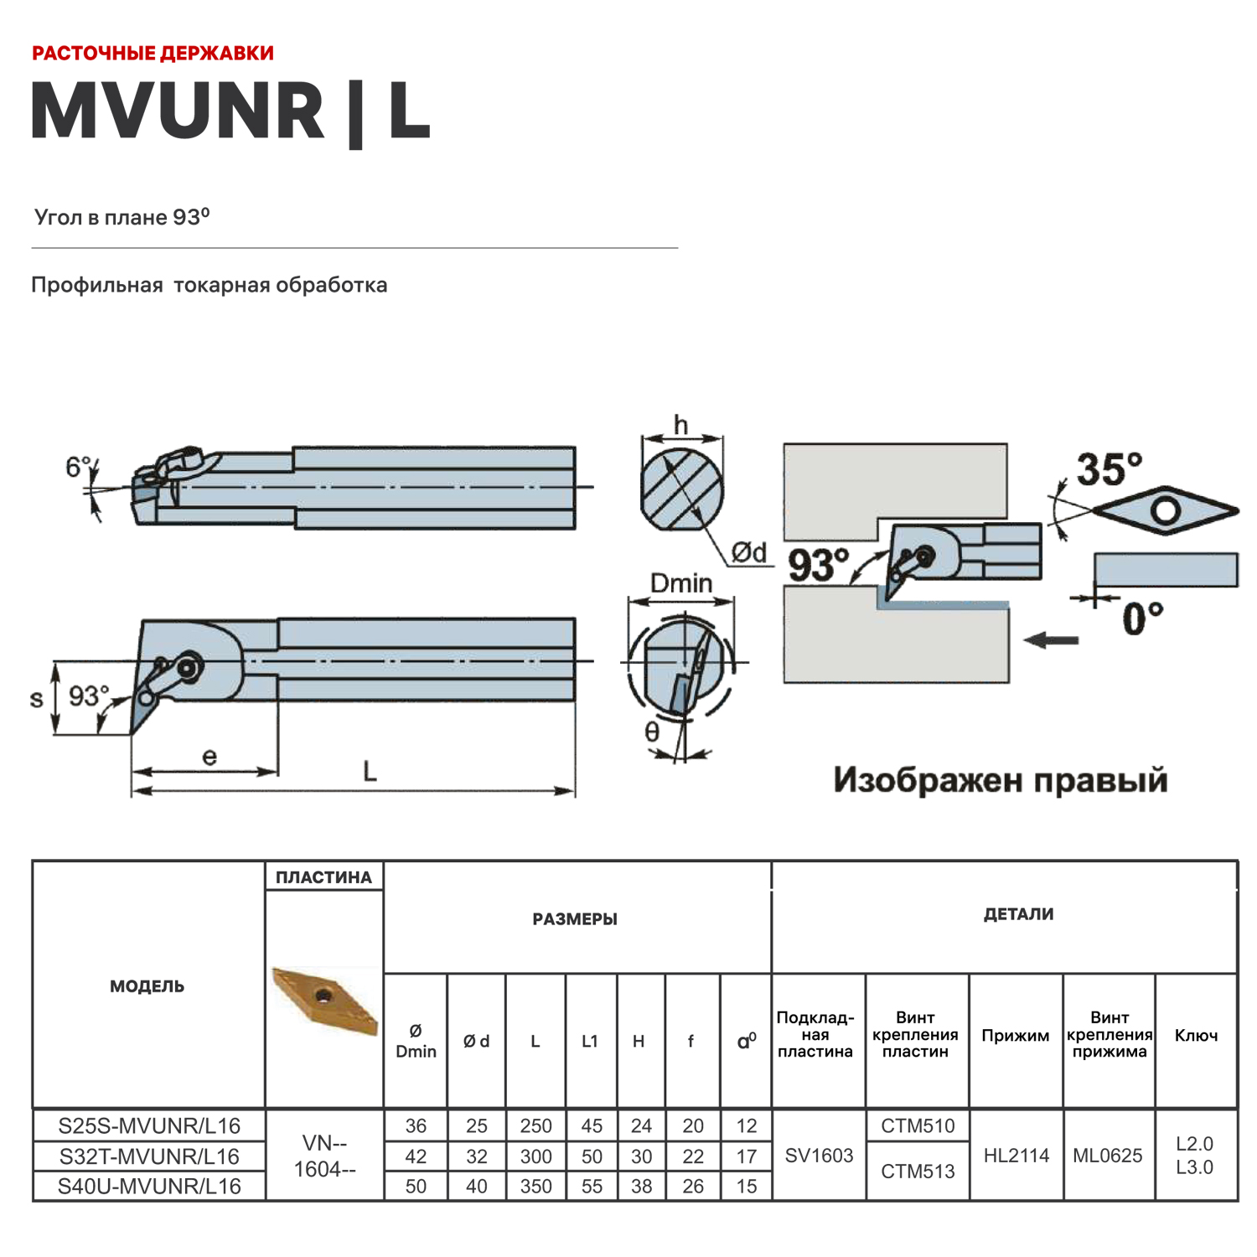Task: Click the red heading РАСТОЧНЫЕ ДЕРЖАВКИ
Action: click(153, 54)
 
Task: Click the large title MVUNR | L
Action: click(230, 111)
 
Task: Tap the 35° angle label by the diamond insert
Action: click(1109, 469)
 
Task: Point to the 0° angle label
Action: click(1142, 619)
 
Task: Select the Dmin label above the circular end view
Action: click(680, 583)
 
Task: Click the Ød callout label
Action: click(748, 552)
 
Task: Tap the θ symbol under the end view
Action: click(652, 732)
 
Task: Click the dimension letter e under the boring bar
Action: click(209, 757)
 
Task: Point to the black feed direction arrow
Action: click(1052, 640)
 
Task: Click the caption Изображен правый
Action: click(1000, 780)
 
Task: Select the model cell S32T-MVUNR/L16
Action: click(149, 1156)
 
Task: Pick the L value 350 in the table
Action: click(535, 1187)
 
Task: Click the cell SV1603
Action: click(819, 1156)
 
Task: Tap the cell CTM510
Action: click(918, 1126)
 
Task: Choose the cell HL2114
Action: click(1016, 1156)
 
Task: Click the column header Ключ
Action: click(1196, 1036)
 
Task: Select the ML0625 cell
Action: click(1108, 1156)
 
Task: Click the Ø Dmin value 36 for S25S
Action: click(416, 1126)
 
